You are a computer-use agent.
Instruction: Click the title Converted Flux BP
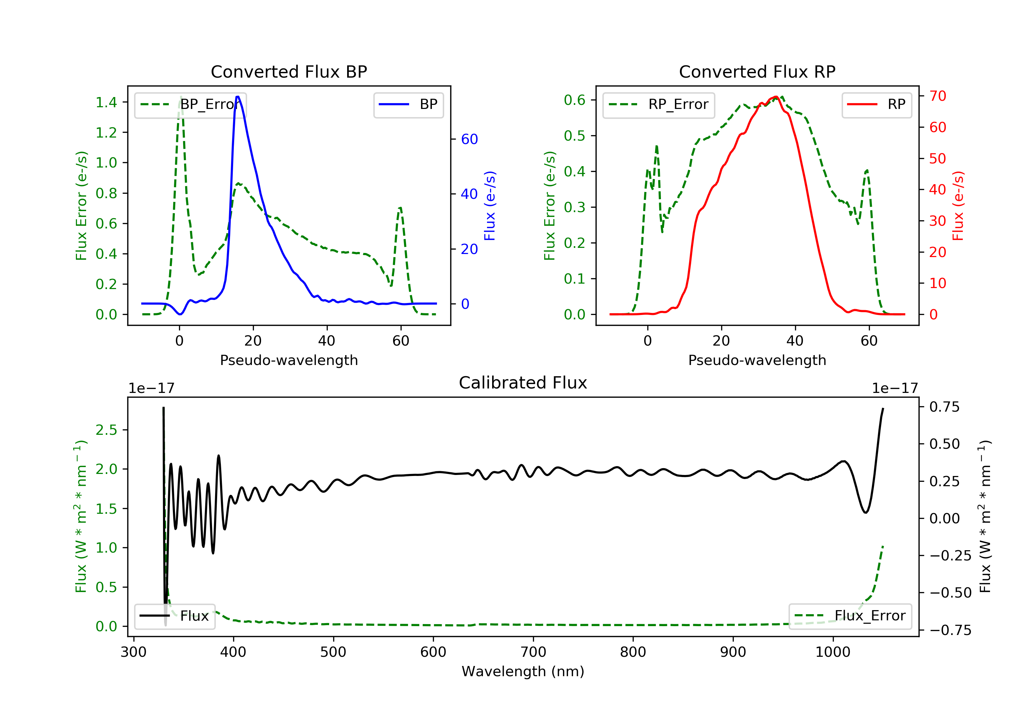289,71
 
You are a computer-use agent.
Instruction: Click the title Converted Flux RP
757,71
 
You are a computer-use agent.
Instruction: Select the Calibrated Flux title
523,383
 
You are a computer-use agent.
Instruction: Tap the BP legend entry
408,105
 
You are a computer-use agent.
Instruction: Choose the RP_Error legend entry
659,105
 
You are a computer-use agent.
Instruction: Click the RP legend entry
876,105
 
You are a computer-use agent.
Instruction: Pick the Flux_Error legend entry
850,616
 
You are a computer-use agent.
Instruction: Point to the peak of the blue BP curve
238,97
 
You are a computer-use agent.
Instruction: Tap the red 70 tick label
938,96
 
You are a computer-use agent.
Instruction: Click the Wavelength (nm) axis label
523,671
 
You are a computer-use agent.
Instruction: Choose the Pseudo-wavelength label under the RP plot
757,360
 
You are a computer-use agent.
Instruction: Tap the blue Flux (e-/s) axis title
490,206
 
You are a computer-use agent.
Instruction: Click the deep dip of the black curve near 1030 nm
865,512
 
